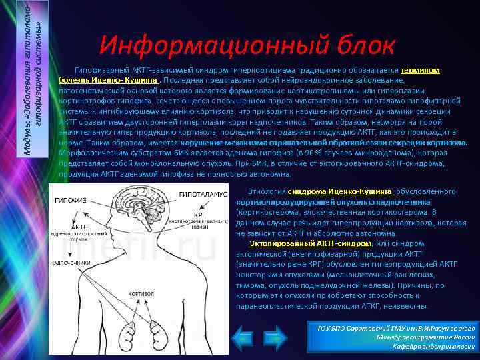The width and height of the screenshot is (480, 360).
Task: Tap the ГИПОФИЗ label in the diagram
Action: (69, 199)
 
